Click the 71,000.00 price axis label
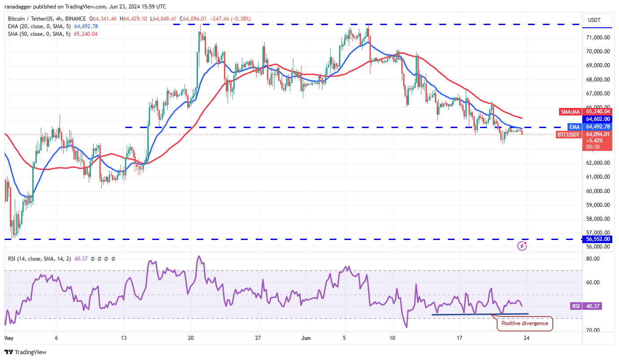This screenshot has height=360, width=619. (x=598, y=38)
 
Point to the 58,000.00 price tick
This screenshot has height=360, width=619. (x=598, y=219)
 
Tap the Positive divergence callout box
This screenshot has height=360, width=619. (x=524, y=323)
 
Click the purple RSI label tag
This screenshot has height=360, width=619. (x=576, y=306)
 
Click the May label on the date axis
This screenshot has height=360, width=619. (x=9, y=339)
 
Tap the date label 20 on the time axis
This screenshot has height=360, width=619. (x=191, y=339)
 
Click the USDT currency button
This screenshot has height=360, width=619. (x=595, y=20)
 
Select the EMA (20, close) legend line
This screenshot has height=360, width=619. (x=53, y=26)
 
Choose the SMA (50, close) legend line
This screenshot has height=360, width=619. (x=53, y=34)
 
